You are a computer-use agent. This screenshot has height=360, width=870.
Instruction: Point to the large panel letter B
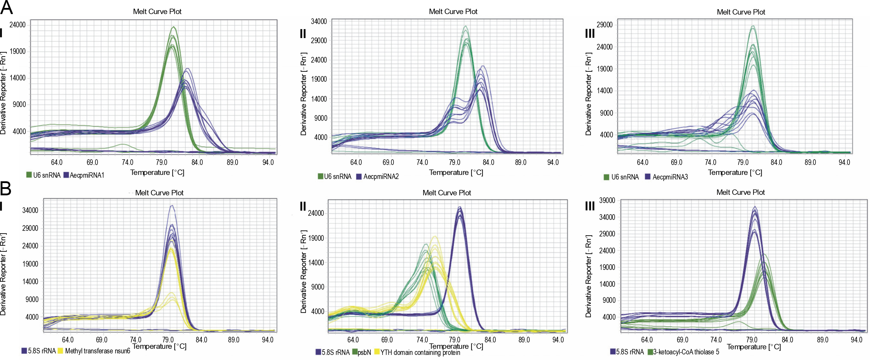pyautogui.click(x=6, y=188)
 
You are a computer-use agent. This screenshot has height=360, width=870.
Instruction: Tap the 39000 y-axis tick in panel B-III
pyautogui.click(x=607, y=200)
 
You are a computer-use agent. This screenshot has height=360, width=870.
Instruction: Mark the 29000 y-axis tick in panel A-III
pyautogui.click(x=604, y=25)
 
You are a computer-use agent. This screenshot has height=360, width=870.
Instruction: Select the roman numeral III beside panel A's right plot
pyautogui.click(x=590, y=34)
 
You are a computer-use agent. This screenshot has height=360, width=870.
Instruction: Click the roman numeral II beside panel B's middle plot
pyautogui.click(x=303, y=206)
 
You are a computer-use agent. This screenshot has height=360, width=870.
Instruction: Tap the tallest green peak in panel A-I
pyautogui.click(x=174, y=27)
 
